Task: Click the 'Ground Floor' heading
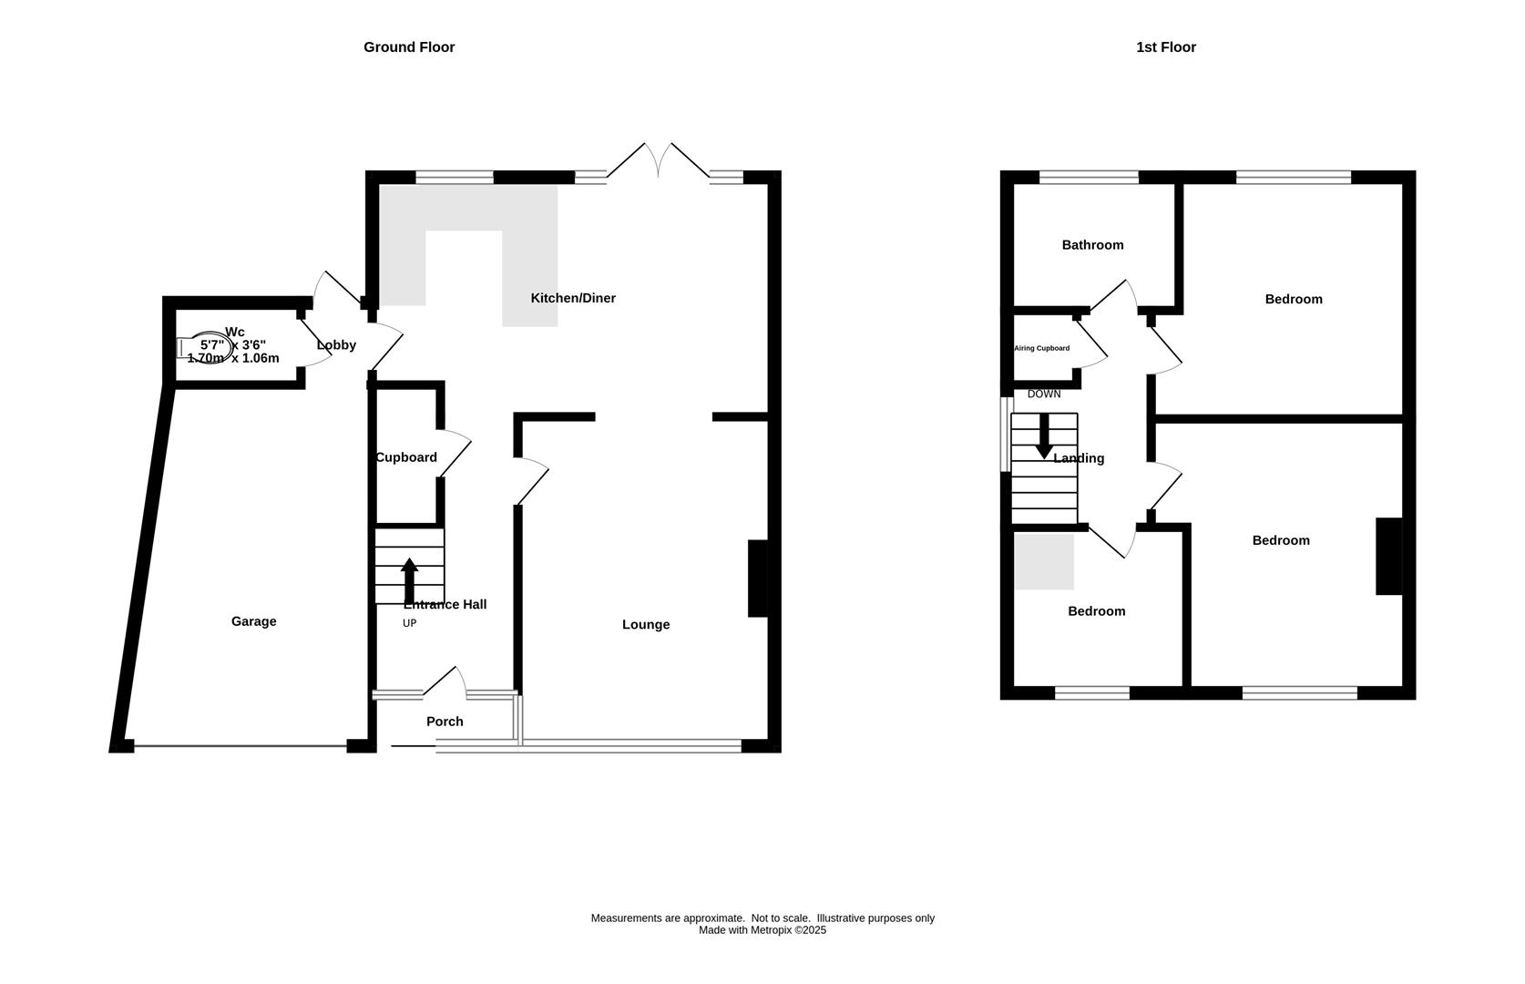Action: (x=409, y=47)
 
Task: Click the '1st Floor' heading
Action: (x=1165, y=47)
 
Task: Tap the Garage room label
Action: (x=253, y=621)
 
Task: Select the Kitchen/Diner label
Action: (x=573, y=298)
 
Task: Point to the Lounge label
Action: (x=646, y=624)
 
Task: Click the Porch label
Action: (x=445, y=722)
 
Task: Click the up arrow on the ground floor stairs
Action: (x=409, y=579)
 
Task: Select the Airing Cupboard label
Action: (x=1041, y=348)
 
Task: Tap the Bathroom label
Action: (x=1092, y=245)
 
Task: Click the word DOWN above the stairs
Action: (x=1044, y=395)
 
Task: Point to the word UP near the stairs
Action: (x=409, y=623)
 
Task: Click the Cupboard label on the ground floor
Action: (x=406, y=457)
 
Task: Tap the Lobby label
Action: (x=336, y=345)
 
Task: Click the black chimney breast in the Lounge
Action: (x=757, y=579)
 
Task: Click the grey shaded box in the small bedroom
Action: (x=1044, y=561)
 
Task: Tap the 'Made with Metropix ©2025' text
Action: (x=762, y=930)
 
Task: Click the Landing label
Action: (x=1079, y=458)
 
